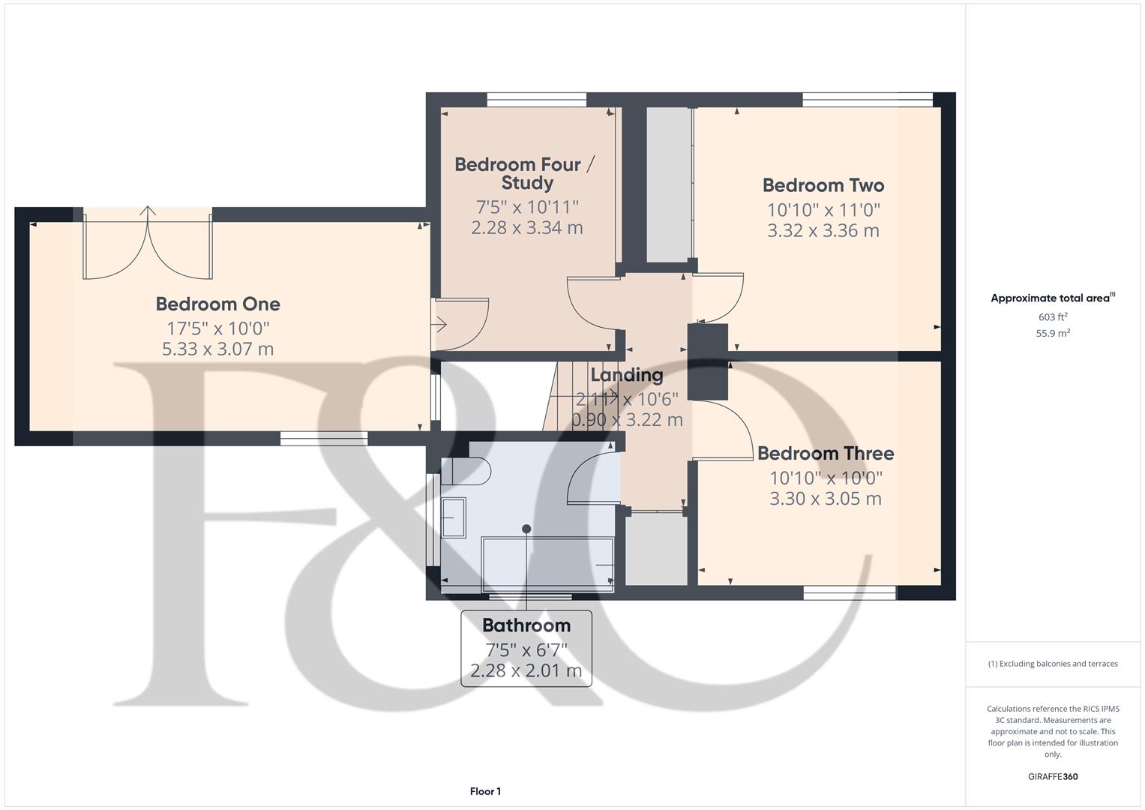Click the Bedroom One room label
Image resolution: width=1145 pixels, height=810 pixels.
[x=217, y=304]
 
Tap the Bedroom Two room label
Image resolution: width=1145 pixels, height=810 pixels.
[x=823, y=185]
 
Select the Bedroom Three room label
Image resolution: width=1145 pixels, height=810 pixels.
[x=825, y=453]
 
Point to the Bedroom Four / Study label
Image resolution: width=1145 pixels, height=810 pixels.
[x=525, y=173]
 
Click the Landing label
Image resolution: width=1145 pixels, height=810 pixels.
[x=627, y=375]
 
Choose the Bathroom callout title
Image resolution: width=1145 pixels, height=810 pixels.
[x=526, y=625]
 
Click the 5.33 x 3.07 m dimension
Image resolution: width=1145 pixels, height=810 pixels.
[x=217, y=349]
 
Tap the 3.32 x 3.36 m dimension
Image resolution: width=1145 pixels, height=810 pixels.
[x=823, y=230]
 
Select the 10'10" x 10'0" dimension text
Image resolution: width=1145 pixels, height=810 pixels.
[x=825, y=478]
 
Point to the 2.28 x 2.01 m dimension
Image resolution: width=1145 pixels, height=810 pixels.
[x=526, y=670]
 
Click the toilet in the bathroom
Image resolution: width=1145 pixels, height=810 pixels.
[x=466, y=470]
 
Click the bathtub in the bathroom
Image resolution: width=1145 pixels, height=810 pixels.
[x=547, y=563]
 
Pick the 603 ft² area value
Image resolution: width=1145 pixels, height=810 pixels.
[x=1053, y=317]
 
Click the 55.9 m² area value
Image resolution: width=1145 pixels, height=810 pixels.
[x=1053, y=334]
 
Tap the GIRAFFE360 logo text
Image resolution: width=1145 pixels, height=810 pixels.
[x=1053, y=777]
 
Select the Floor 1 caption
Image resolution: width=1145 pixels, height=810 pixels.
[x=485, y=791]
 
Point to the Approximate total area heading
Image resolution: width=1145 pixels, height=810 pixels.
[x=1052, y=298]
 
